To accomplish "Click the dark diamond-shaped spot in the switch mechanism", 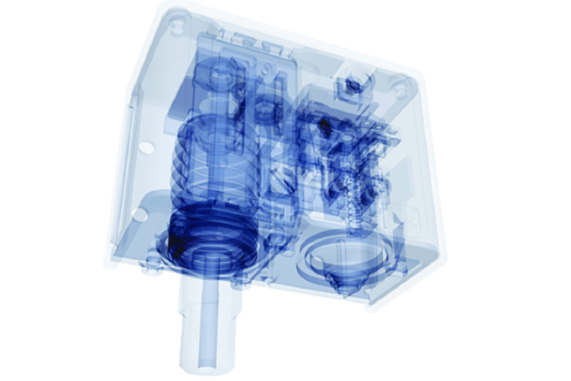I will (325, 125).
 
